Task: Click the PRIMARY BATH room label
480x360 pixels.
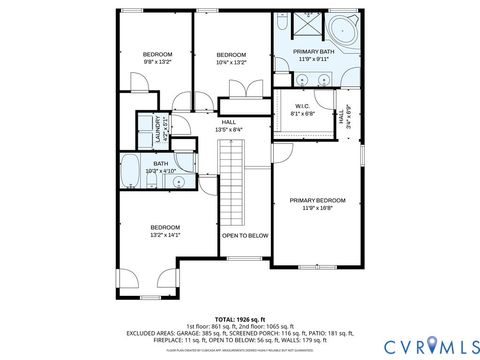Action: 313,51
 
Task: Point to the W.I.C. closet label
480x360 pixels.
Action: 302,106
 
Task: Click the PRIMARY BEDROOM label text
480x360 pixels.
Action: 317,200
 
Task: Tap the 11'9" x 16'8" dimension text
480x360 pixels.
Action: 317,208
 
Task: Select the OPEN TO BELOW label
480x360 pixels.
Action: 245,235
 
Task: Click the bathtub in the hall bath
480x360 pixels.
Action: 130,170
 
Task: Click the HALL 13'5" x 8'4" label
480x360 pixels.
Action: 229,125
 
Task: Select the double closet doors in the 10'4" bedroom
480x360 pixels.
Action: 240,89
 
